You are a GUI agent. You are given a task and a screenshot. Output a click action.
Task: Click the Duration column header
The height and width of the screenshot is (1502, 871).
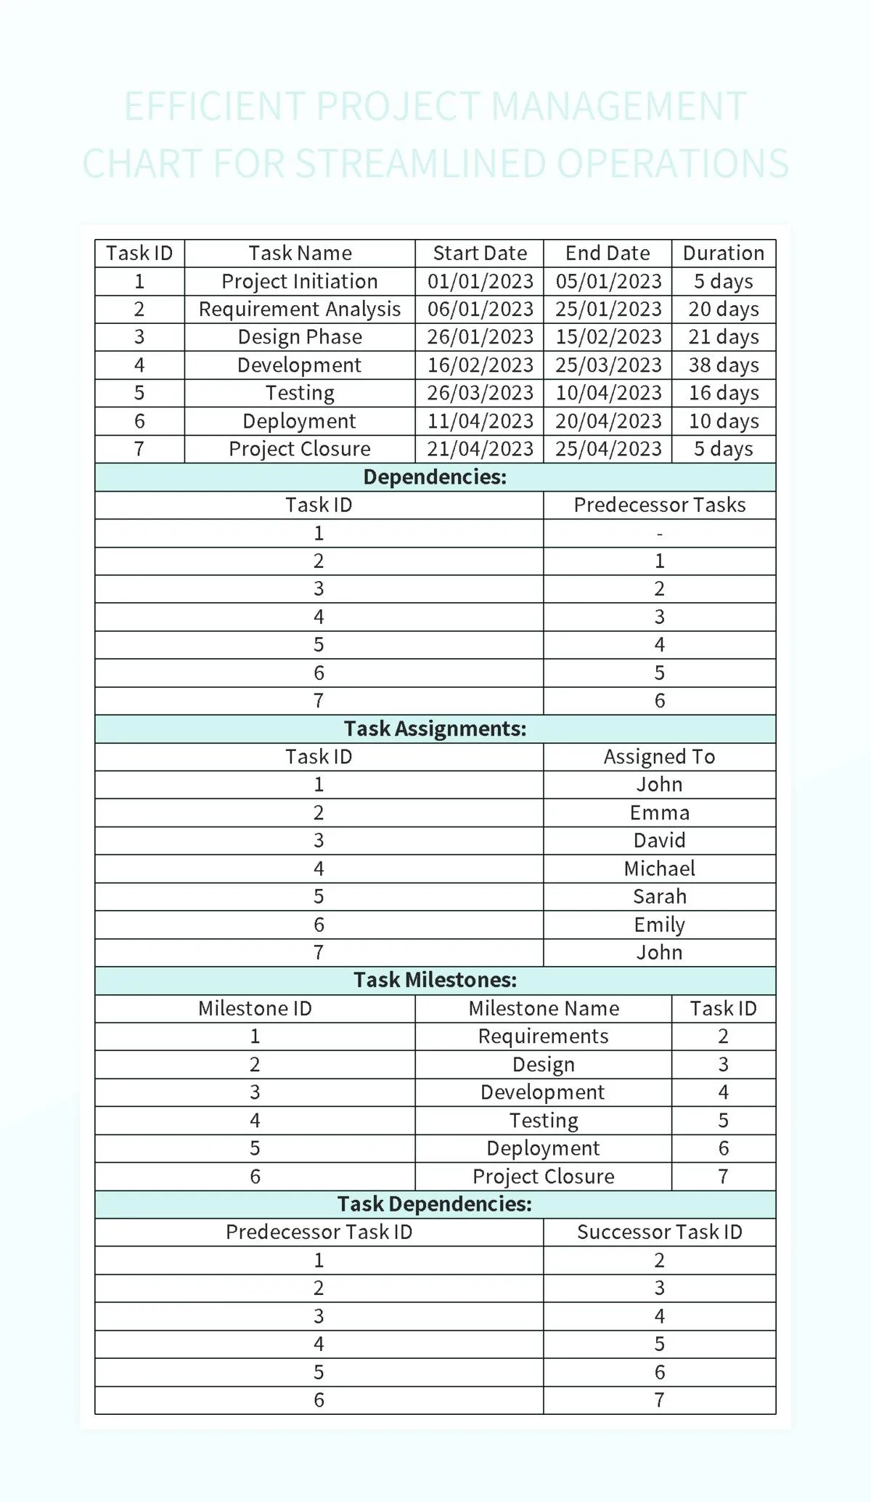tap(723, 253)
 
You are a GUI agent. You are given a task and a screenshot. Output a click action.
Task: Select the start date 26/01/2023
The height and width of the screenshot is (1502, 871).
tap(480, 337)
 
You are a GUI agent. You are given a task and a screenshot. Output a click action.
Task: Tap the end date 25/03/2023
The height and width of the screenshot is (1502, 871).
tap(608, 365)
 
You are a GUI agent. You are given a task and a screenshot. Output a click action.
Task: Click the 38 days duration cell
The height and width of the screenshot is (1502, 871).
tap(723, 365)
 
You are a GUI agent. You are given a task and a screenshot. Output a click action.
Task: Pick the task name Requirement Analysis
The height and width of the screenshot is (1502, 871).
tap(299, 309)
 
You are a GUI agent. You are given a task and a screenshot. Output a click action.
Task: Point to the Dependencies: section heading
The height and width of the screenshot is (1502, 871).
tap(435, 477)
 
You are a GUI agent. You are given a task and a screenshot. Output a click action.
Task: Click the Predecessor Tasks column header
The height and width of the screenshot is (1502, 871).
tap(659, 505)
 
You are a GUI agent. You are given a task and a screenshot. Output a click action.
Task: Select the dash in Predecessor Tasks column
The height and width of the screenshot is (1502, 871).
tap(659, 534)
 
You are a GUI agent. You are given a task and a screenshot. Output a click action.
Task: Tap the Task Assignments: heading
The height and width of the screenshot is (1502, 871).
tap(435, 728)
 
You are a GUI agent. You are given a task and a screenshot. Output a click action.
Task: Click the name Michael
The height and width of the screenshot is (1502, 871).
tap(659, 869)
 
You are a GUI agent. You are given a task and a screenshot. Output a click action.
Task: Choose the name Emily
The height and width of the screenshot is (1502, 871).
tap(659, 925)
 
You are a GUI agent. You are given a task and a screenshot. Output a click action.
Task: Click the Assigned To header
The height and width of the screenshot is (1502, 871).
tap(659, 757)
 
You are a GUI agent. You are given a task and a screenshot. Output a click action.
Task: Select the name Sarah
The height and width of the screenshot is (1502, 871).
tap(659, 896)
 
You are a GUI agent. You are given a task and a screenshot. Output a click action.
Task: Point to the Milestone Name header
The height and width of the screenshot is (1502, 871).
tap(543, 1008)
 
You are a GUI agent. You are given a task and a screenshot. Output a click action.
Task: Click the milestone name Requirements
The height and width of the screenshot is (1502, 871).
tap(543, 1036)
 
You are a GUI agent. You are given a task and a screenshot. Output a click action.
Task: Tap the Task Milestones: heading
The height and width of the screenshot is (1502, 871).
tap(435, 981)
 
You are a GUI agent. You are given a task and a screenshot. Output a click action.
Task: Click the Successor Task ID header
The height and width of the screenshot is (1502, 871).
tap(659, 1232)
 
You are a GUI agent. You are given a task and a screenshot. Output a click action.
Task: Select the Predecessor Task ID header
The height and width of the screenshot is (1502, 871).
tap(319, 1232)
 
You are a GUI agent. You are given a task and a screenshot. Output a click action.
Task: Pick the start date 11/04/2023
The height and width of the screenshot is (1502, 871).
tap(480, 421)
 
